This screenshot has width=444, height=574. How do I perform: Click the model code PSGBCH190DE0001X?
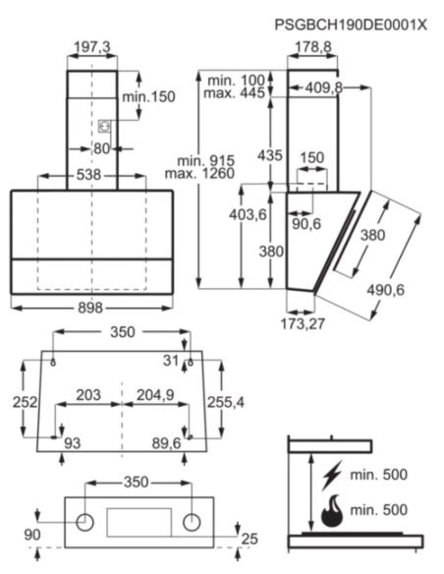click(x=351, y=25)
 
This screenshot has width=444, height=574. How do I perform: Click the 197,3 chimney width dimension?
click(x=92, y=47)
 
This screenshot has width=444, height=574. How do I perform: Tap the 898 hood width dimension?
click(x=90, y=308)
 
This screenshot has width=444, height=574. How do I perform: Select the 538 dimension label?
click(x=88, y=175)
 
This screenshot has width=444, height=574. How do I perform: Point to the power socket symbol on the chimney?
click(x=105, y=126)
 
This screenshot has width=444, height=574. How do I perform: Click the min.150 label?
click(x=148, y=97)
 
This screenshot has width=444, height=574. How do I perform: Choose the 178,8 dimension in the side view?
click(x=313, y=47)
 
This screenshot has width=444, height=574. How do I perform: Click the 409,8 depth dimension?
click(x=324, y=87)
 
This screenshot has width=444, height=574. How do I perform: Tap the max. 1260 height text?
click(x=199, y=173)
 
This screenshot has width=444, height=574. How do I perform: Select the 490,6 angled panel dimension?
click(x=386, y=290)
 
